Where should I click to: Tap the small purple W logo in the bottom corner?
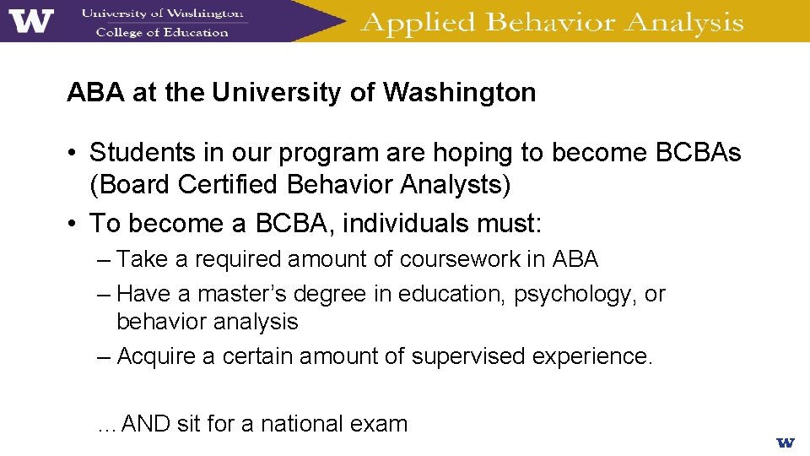[x=786, y=442]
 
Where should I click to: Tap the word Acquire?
[x=156, y=356]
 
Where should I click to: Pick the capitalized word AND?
[x=146, y=423]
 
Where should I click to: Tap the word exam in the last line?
[x=384, y=423]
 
